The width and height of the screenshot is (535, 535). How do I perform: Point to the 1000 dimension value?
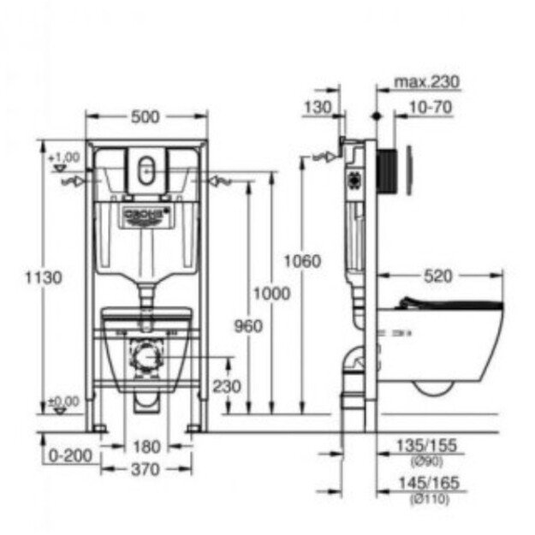tap(271, 294)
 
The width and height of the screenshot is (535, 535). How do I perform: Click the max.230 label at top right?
tap(426, 82)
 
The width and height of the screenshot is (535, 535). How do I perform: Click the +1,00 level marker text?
tap(63, 158)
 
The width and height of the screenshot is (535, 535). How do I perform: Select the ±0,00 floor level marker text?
tap(63, 401)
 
